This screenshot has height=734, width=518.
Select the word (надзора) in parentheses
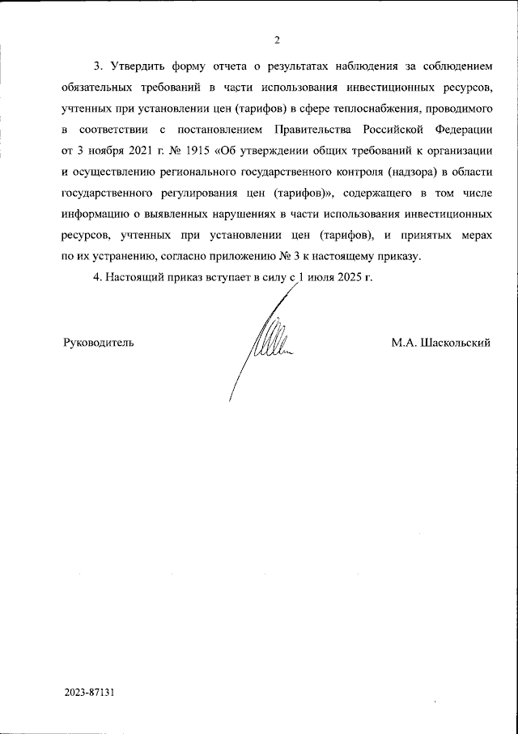point(390,172)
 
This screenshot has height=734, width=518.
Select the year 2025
point(349,277)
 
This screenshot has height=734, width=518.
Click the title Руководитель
point(98,343)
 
